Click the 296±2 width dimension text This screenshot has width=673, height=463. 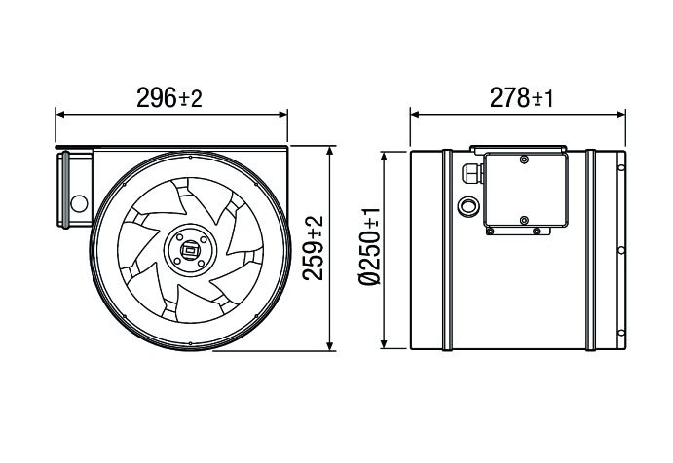pyautogui.click(x=171, y=97)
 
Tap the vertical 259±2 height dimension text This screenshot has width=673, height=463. pyautogui.click(x=313, y=248)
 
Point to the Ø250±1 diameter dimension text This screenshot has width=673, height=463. pyautogui.click(x=369, y=248)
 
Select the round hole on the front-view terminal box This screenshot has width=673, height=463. pyautogui.click(x=77, y=205)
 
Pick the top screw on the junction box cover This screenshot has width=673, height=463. pyautogui.click(x=524, y=160)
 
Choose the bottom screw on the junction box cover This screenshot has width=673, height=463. pyautogui.click(x=524, y=219)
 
